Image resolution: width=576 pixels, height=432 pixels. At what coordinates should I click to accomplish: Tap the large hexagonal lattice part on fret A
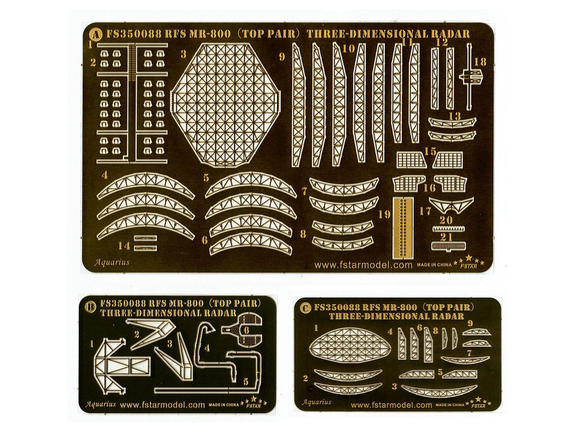(x=226, y=104)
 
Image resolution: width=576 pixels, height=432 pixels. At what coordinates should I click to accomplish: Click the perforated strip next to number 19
(x=403, y=228)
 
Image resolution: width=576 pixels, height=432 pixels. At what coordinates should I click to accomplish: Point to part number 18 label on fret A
(x=480, y=62)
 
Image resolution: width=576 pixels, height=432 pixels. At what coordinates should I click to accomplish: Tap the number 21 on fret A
(x=446, y=237)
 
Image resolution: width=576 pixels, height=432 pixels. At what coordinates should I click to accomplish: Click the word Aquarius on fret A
(x=112, y=262)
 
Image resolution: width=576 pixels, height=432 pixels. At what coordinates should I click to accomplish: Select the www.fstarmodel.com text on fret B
(x=162, y=412)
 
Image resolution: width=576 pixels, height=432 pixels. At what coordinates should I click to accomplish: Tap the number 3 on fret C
(x=394, y=386)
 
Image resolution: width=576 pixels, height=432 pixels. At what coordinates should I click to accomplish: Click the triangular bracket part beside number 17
(x=451, y=204)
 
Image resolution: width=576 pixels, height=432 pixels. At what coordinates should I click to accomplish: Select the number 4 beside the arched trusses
(x=105, y=175)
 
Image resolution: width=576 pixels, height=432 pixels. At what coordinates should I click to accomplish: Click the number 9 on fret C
(x=470, y=323)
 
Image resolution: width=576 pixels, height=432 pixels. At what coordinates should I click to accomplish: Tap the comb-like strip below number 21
(x=449, y=246)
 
